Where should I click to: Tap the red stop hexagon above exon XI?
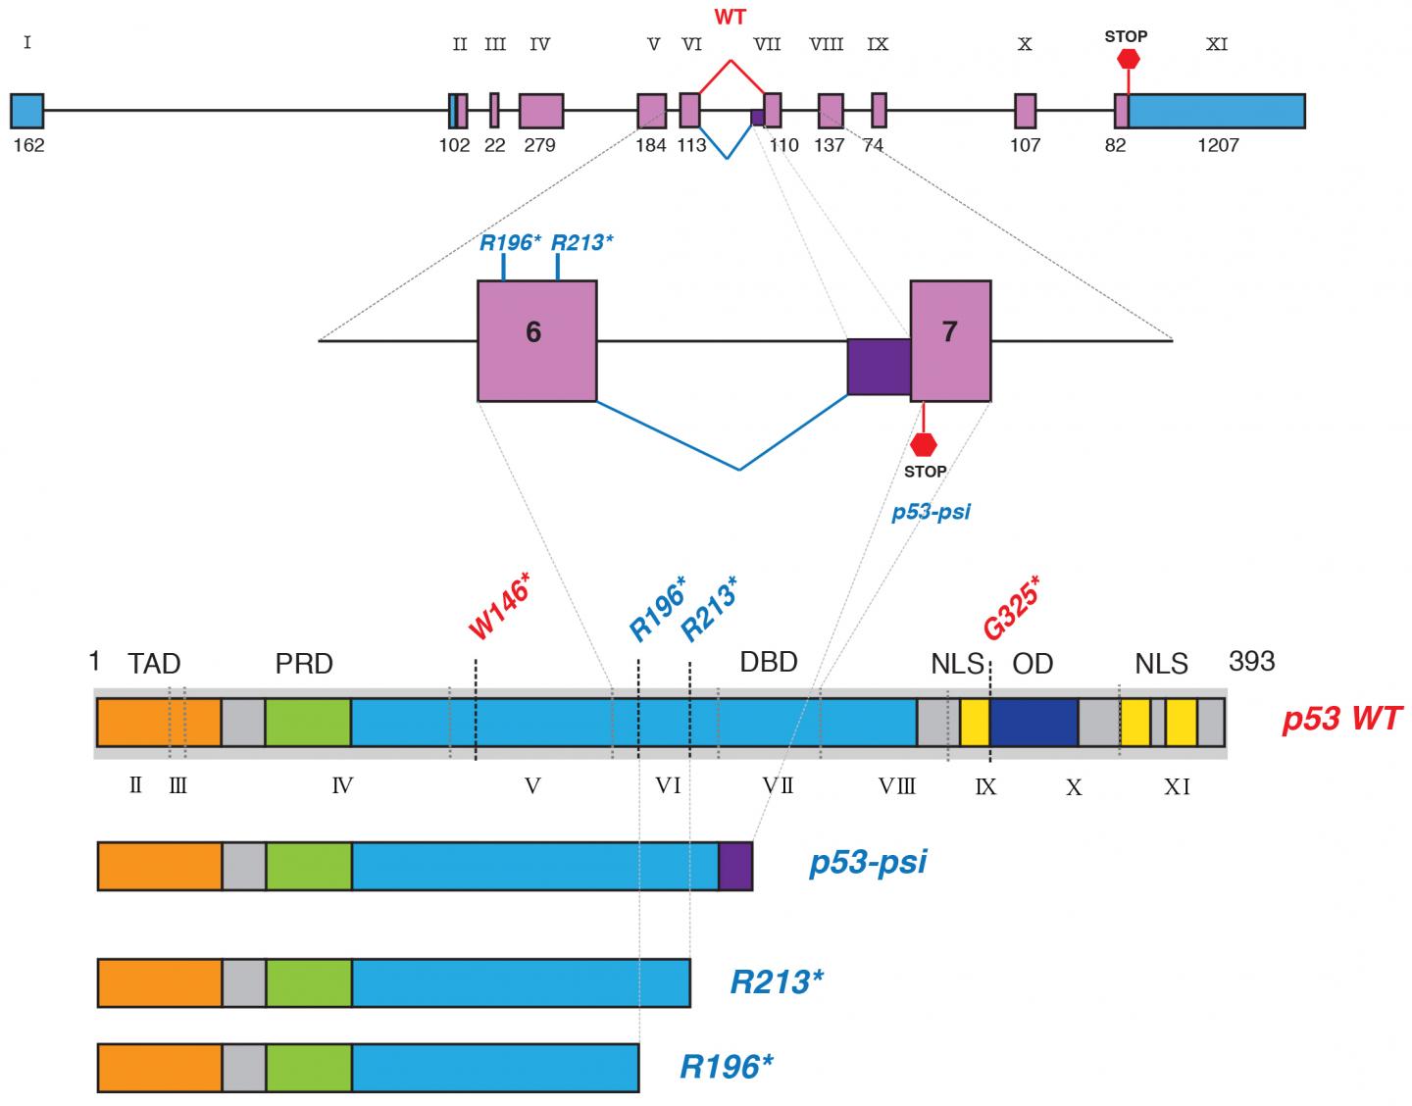point(1129,59)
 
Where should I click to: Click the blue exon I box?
point(27,111)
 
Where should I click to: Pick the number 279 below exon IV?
point(539,145)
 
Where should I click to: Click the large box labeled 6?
point(536,340)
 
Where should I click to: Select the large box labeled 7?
point(950,340)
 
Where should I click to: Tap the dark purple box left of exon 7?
point(879,368)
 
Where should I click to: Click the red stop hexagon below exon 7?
point(924,444)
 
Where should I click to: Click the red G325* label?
point(1012,608)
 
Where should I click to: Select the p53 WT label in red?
point(1341,721)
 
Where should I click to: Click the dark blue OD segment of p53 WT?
point(1034,723)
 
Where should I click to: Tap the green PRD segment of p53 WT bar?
point(308,723)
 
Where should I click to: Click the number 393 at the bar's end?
point(1251,662)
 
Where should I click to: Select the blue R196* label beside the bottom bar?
point(727,1066)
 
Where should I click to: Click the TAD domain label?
point(154,664)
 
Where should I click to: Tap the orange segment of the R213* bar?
point(160,982)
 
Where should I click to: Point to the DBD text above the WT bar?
point(769,662)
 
